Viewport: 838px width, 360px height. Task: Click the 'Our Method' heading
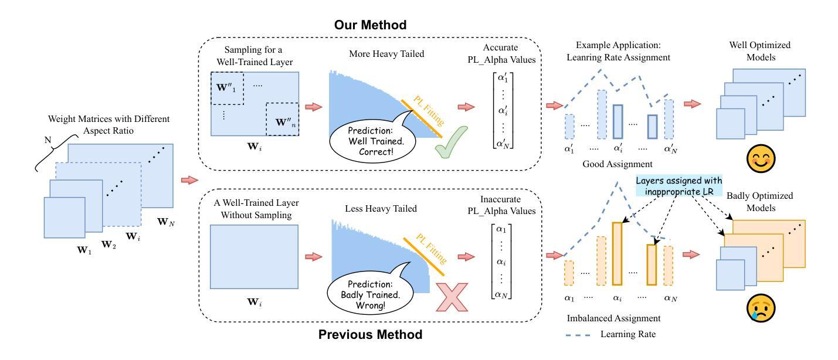coord(370,25)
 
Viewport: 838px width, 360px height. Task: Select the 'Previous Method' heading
coord(370,334)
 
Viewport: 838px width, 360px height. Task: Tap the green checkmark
coord(451,142)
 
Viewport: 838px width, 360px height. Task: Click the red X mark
coord(452,297)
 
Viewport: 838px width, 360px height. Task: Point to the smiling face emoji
coord(761,158)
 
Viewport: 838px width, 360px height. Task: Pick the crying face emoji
coord(761,308)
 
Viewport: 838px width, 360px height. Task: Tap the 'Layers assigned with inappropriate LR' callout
coord(679,186)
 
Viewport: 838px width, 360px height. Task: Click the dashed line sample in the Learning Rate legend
coord(578,335)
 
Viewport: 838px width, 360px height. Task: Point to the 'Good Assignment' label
coord(618,164)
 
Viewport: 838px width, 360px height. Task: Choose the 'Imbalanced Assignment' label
coord(613,318)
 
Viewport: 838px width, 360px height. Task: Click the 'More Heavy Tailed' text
coord(386,54)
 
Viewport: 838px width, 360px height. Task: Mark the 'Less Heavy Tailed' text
coord(381,209)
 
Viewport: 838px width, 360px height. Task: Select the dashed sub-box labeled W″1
coord(227,89)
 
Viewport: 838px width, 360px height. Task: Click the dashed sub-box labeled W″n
coord(283,119)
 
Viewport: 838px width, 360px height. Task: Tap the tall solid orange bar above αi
coord(618,254)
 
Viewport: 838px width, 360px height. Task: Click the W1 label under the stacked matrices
coord(84,250)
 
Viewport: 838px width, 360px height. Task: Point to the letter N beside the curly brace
coord(48,140)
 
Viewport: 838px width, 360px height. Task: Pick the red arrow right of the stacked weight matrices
coord(189,180)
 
